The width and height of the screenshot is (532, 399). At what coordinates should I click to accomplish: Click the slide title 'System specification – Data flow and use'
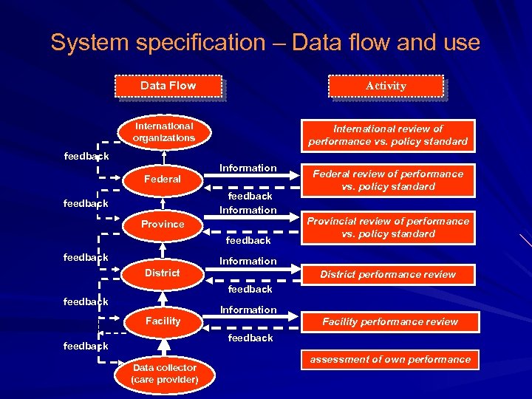265,42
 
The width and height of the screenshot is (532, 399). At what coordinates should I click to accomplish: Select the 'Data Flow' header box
168,86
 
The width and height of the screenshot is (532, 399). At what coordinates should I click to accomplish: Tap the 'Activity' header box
386,86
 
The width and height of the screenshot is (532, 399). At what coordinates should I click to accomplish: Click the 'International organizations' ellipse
163,132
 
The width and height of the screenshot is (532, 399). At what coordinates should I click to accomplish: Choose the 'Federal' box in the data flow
163,179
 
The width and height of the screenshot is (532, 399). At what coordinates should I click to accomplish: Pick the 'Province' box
163,224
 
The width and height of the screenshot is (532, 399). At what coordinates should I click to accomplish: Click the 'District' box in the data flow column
163,273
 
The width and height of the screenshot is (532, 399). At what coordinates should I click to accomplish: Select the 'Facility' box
163,321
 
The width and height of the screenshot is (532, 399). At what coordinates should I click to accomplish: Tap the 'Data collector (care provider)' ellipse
164,373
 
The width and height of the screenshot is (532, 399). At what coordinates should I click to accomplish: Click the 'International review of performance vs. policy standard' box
388,134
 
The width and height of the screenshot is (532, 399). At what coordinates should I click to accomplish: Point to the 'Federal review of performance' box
388,180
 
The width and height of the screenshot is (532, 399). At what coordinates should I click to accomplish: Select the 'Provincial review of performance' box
388,227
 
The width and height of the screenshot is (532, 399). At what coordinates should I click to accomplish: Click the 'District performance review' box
388,274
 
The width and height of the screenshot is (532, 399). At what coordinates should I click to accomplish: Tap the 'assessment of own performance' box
390,360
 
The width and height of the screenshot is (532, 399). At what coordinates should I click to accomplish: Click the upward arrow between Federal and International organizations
163,157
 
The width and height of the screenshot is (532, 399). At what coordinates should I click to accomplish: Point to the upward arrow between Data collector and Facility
163,346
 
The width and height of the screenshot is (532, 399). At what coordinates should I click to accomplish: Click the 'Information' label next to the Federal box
248,168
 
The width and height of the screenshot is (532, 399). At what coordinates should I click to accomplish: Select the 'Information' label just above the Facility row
248,310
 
